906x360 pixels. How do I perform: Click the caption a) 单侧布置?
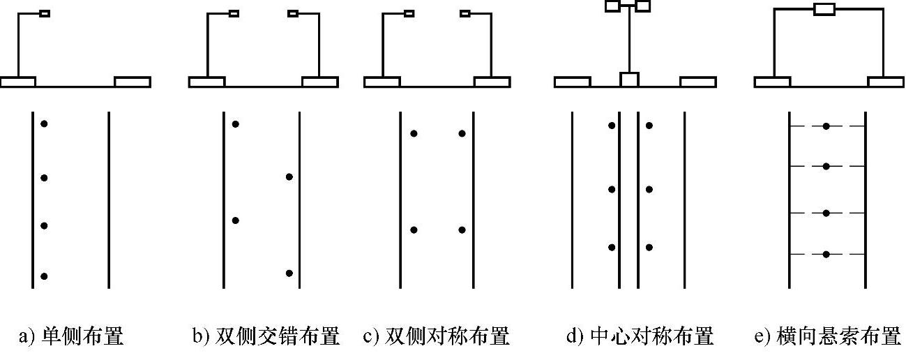point(72,338)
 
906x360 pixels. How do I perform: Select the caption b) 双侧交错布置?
point(266,338)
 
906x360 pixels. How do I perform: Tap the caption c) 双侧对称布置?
point(437,338)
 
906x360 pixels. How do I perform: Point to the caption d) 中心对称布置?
point(640,338)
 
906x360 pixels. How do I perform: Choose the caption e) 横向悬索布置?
point(827,338)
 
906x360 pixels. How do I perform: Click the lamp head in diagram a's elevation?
point(45,13)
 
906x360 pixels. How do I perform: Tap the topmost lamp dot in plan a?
point(44,124)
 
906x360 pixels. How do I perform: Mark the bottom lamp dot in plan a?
point(44,276)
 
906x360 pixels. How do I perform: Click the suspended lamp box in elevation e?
point(824,9)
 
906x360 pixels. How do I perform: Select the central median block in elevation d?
point(629,80)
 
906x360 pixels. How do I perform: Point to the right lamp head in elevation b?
point(293,13)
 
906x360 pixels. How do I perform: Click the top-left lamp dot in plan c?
point(414,133)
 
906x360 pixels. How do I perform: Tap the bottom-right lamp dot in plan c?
point(462,230)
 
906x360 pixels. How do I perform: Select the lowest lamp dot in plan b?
point(289,273)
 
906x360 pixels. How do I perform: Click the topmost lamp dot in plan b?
point(236,124)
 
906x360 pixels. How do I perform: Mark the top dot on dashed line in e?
point(826,126)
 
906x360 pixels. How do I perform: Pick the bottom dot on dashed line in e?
point(826,254)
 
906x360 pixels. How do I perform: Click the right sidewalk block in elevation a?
point(133,82)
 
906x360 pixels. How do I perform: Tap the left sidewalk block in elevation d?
point(573,82)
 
